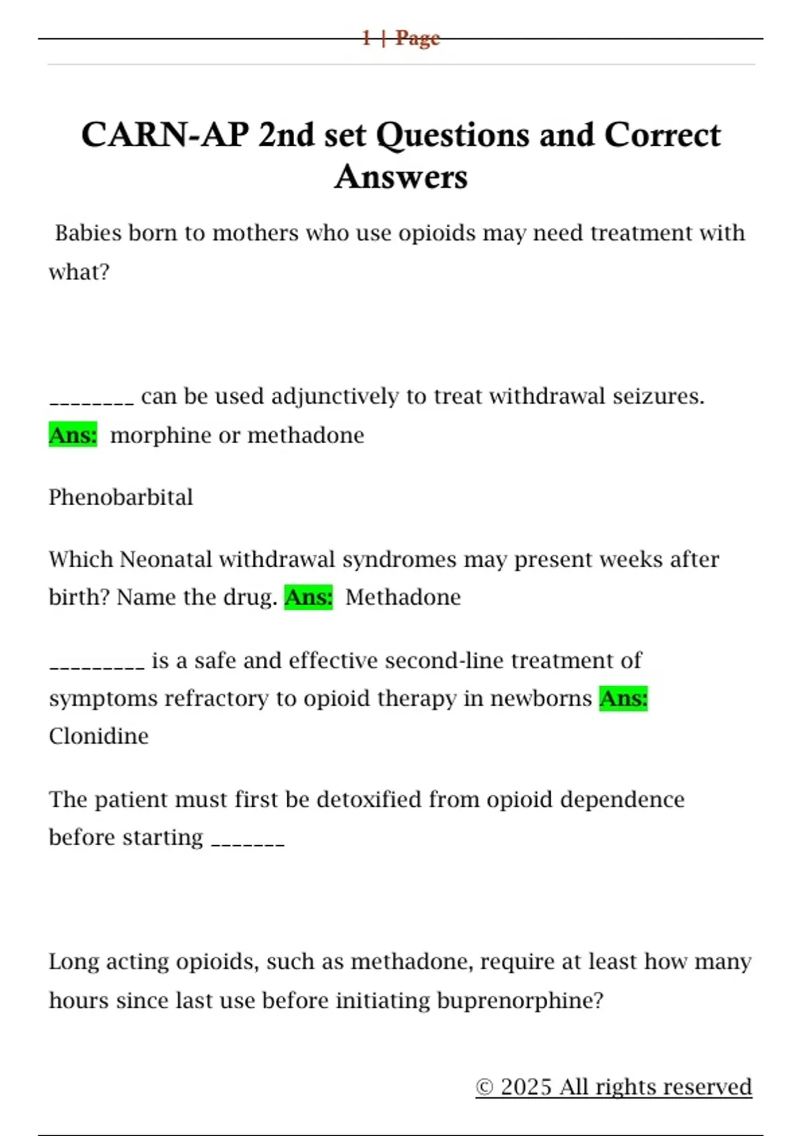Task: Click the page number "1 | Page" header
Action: click(x=401, y=38)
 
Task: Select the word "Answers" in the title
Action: click(x=401, y=177)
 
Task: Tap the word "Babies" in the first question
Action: click(x=88, y=233)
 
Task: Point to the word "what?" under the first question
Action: click(x=79, y=272)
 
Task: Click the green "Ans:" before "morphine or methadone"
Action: click(x=73, y=435)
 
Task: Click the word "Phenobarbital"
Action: click(x=121, y=497)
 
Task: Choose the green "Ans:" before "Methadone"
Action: click(x=309, y=597)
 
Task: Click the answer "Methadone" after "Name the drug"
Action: click(x=403, y=597)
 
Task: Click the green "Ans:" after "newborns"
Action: click(x=624, y=698)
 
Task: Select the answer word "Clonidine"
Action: click(x=99, y=736)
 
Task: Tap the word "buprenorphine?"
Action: click(x=520, y=1000)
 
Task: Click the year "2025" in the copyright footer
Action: click(x=527, y=1087)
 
